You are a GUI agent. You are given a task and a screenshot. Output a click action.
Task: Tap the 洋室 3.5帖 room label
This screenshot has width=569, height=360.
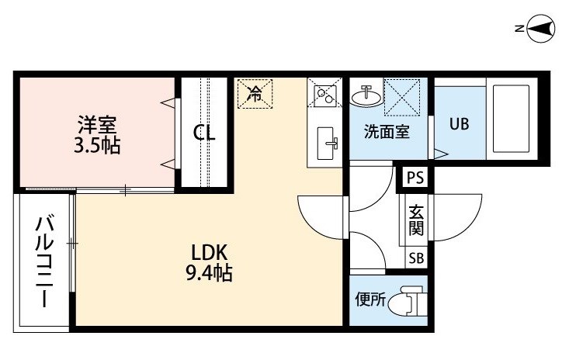pyautogui.click(x=97, y=135)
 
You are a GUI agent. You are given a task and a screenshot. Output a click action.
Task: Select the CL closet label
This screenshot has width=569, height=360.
pyautogui.click(x=204, y=133)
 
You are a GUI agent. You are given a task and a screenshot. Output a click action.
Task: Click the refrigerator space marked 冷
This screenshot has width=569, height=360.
pyautogui.click(x=255, y=94)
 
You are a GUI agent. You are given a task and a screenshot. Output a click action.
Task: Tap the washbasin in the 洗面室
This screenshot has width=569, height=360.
pyautogui.click(x=366, y=96)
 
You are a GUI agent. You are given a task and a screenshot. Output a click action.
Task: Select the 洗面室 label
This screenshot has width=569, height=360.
pyautogui.click(x=387, y=131)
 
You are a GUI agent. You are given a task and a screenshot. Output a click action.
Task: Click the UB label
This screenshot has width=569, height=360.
pyautogui.click(x=459, y=124)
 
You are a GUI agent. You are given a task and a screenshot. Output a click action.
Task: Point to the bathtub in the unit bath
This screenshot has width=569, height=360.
pyautogui.click(x=511, y=119)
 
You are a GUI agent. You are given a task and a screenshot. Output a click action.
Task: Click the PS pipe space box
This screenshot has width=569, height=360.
pyautogui.click(x=415, y=178)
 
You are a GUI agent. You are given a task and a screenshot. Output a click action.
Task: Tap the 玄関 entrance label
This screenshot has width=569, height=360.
pyautogui.click(x=416, y=220)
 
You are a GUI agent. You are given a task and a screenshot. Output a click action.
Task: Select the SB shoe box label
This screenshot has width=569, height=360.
pyautogui.click(x=416, y=258)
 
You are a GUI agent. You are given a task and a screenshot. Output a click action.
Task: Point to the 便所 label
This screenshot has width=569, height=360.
pyautogui.click(x=370, y=299)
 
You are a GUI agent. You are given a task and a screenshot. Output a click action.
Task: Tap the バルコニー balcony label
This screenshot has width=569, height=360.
pyautogui.click(x=45, y=261)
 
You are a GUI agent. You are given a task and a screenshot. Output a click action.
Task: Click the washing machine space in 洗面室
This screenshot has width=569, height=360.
pyautogui.click(x=401, y=97)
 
